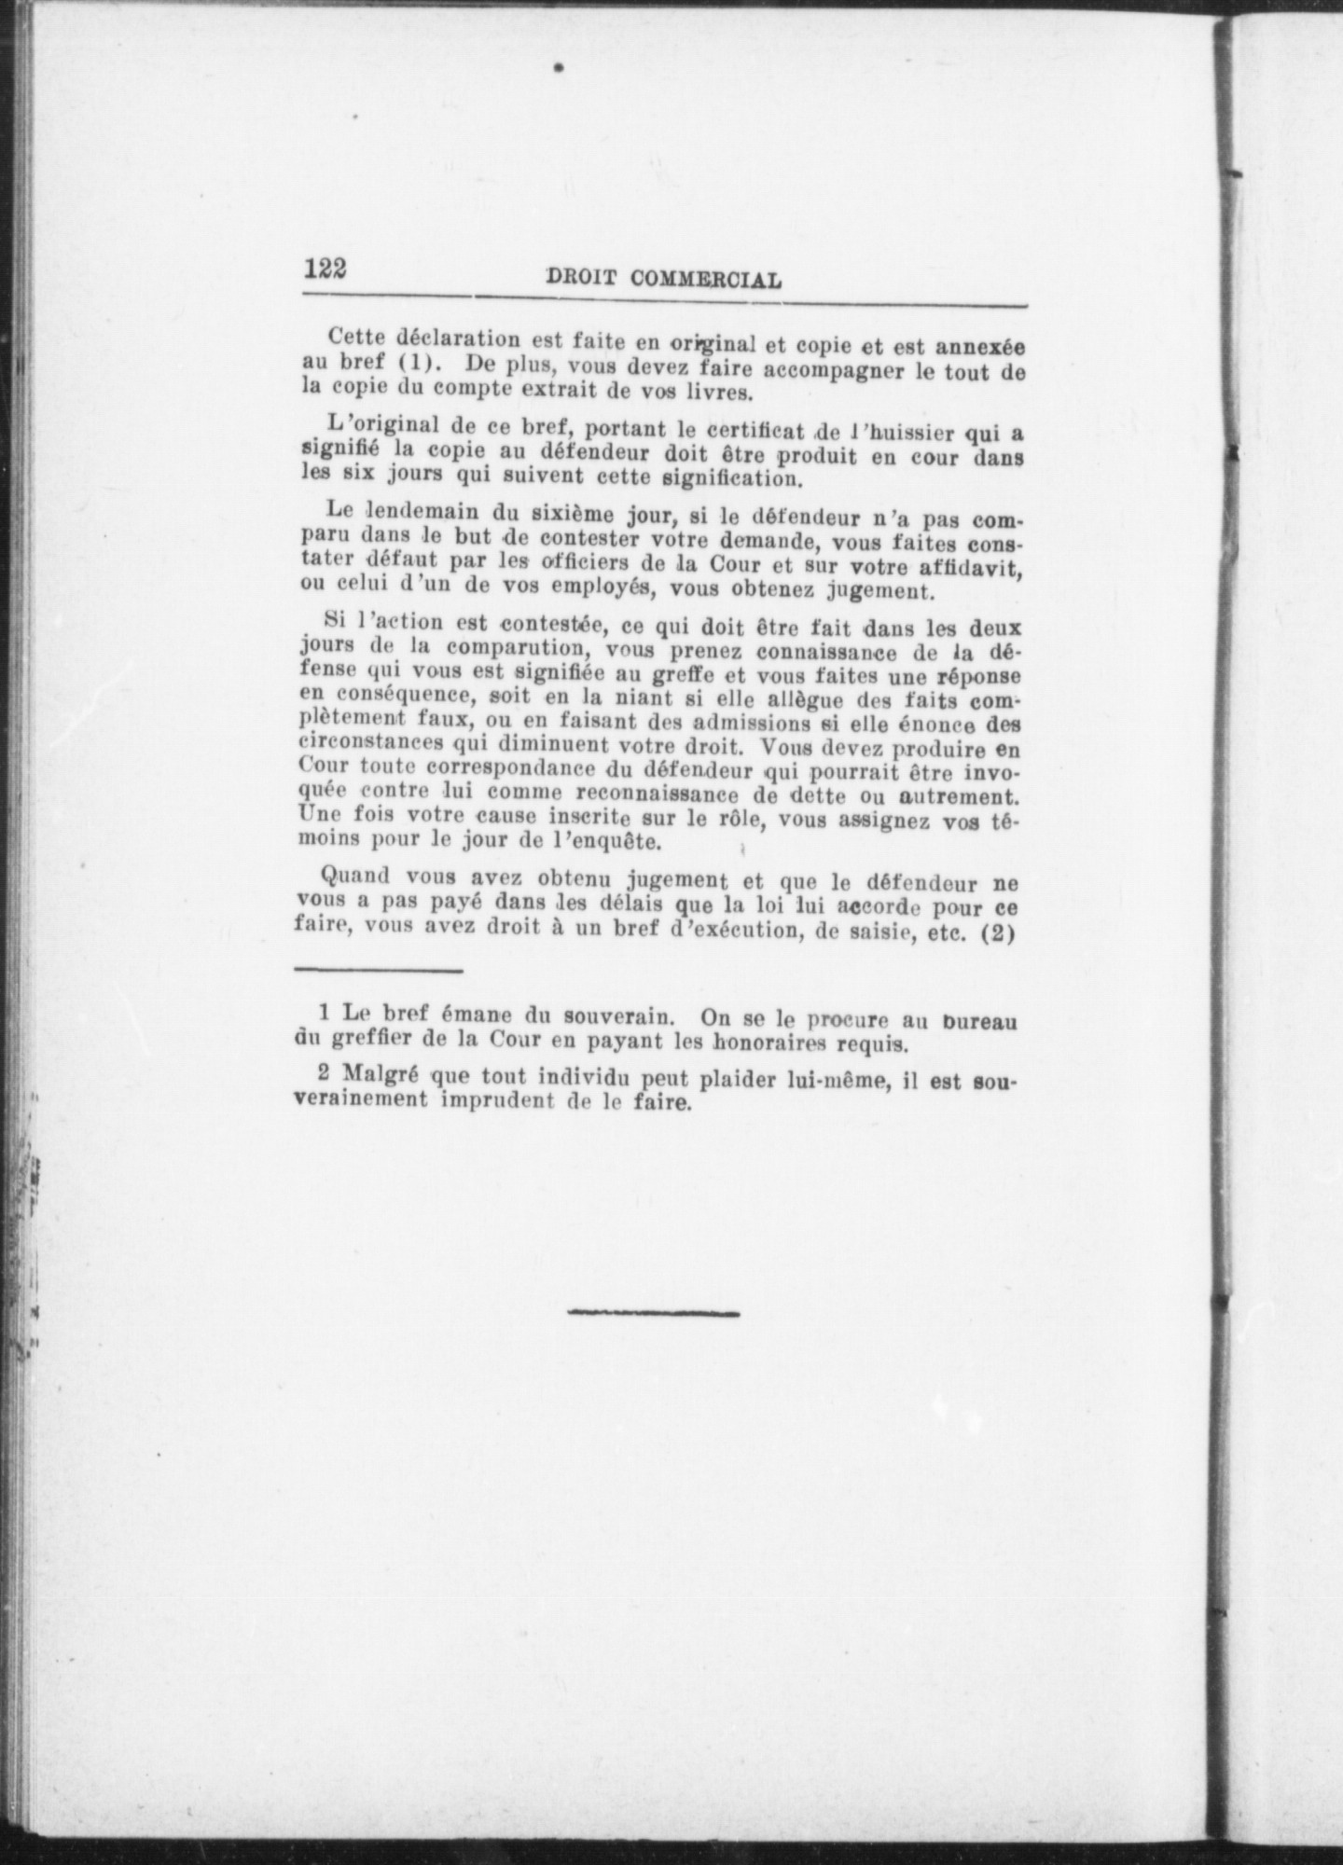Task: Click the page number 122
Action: click(x=325, y=269)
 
